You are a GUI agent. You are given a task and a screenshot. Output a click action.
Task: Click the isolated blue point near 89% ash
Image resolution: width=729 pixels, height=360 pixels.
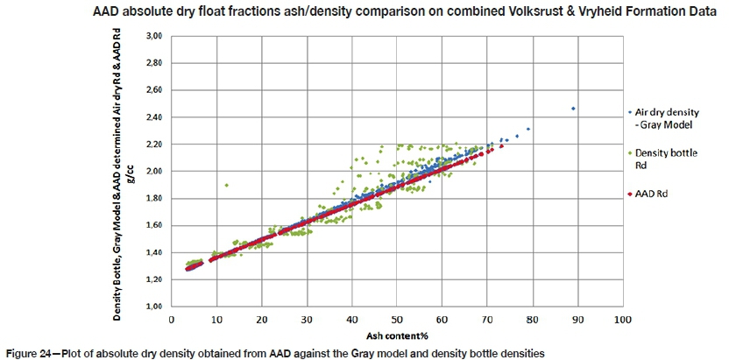[573, 109]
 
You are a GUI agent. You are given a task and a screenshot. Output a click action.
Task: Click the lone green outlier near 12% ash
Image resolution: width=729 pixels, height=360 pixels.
[226, 185]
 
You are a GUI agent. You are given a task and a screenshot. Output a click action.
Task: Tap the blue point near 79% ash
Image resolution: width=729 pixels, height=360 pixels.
[528, 129]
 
